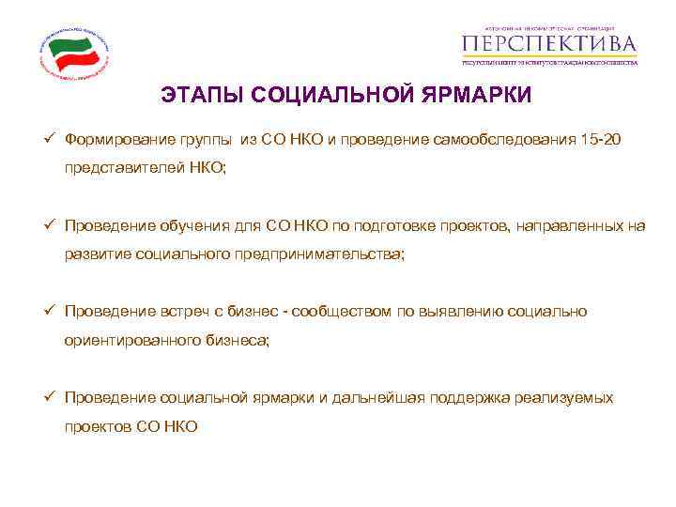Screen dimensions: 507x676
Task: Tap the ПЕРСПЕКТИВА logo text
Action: tap(550, 44)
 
